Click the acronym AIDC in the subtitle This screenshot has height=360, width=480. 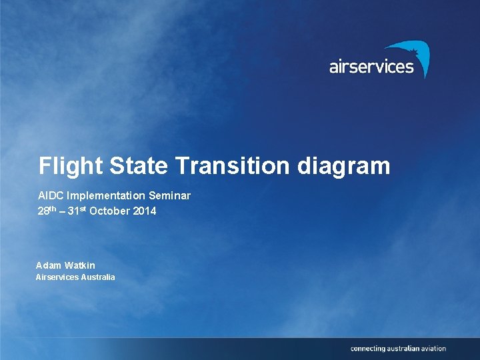coord(49,195)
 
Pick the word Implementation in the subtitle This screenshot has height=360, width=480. coord(105,195)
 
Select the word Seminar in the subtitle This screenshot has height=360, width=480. coord(170,195)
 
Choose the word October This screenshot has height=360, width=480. coord(112,211)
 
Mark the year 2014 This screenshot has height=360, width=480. coord(145,211)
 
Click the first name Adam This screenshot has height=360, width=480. coord(48,265)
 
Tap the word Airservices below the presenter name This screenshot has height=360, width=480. coord(57,277)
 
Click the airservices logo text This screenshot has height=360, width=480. coord(371,67)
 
